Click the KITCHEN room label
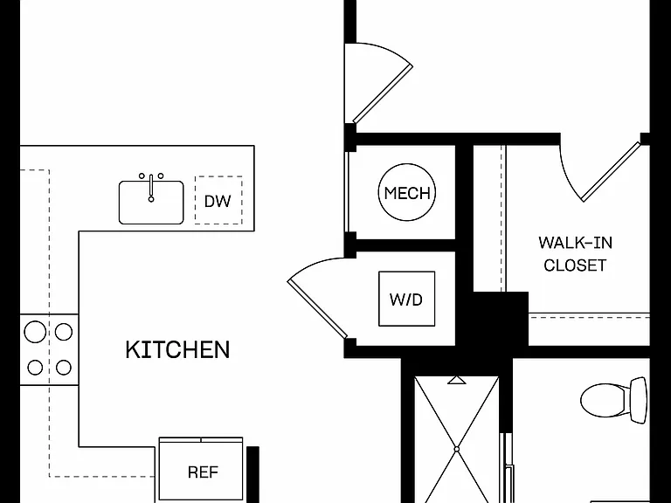(x=177, y=349)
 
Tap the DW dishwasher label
(x=218, y=201)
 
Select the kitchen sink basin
(x=151, y=203)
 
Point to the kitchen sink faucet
(x=151, y=188)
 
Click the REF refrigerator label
(x=203, y=472)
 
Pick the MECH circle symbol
(x=407, y=192)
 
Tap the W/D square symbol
(x=406, y=299)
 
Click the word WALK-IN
(x=575, y=243)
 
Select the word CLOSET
(x=575, y=265)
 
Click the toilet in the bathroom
(x=613, y=400)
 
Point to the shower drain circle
(x=457, y=449)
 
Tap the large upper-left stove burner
(x=35, y=332)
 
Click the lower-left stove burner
(x=35, y=368)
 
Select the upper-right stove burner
(x=64, y=332)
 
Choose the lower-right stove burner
(x=64, y=368)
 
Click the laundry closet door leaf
(x=317, y=309)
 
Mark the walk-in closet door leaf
(x=611, y=172)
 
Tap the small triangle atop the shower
(x=457, y=380)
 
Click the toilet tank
(x=639, y=400)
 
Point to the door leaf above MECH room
(x=382, y=93)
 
